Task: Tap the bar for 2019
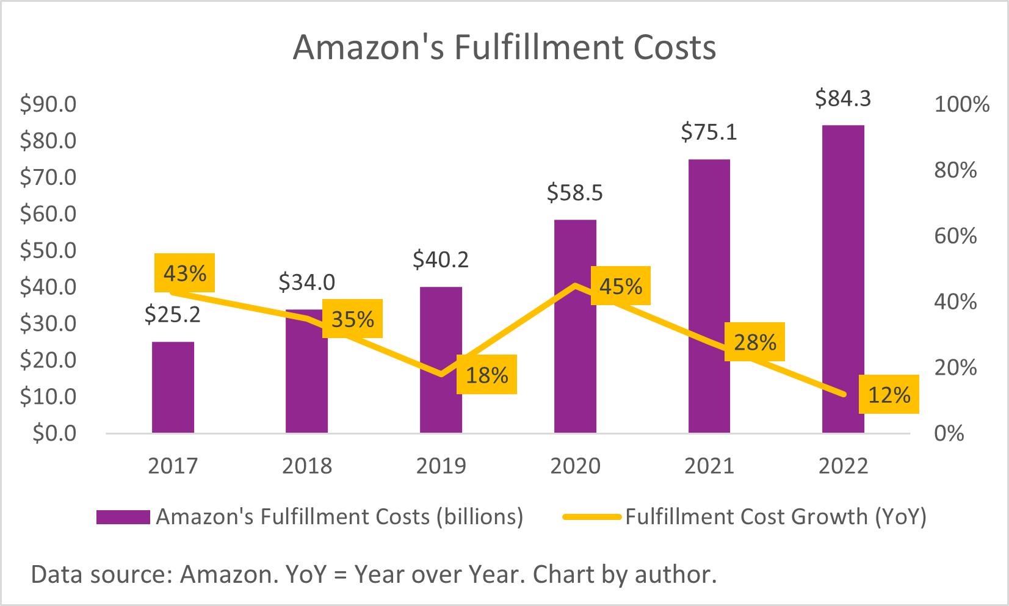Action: click(441, 359)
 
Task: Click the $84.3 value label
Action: click(843, 98)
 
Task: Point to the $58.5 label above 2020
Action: click(574, 193)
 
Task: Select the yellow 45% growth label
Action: click(620, 286)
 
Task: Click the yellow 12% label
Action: click(888, 395)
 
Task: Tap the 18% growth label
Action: click(486, 375)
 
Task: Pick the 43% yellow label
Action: click(184, 273)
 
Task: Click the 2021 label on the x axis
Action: click(709, 466)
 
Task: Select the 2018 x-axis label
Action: click(307, 466)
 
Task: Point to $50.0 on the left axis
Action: click(48, 250)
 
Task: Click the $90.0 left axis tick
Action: click(48, 104)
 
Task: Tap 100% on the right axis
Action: click(961, 104)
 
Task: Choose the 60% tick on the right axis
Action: click(955, 236)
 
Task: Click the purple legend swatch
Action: click(123, 517)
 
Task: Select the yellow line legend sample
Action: click(591, 517)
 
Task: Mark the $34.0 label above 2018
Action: click(306, 282)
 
